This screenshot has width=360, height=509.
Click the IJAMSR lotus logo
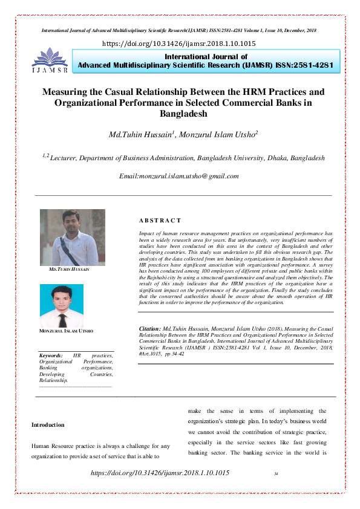pyautogui.click(x=50, y=60)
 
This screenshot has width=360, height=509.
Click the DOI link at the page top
pyautogui.click(x=180, y=44)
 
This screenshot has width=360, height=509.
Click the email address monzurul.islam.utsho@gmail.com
pyautogui.click(x=179, y=176)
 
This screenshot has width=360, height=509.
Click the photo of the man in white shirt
pyautogui.click(x=72, y=238)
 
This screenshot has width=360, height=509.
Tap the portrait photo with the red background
pyautogui.click(x=62, y=306)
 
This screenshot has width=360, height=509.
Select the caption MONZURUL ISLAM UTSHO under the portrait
pyautogui.click(x=66, y=331)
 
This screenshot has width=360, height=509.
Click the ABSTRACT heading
pyautogui.click(x=160, y=221)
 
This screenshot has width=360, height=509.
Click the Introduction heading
pyautogui.click(x=48, y=425)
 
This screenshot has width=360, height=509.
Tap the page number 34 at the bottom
pyautogui.click(x=276, y=473)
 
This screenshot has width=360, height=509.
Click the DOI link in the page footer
pyautogui.click(x=160, y=472)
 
